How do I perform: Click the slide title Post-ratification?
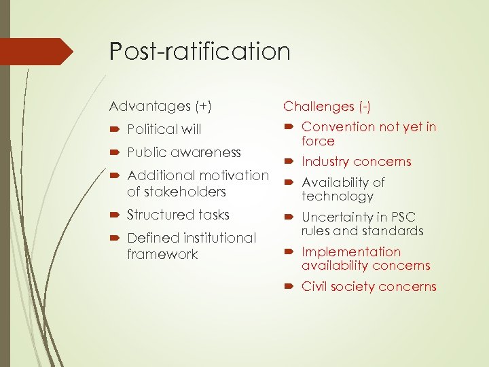pos(200,52)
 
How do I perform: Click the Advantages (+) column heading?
pos(160,106)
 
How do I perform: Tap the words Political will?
pos(164,129)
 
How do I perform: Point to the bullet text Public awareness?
pos(183,152)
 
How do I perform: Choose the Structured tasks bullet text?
pos(179,215)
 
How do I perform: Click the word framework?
pos(162,254)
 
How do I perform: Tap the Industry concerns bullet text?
pos(356,162)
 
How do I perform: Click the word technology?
pos(338,196)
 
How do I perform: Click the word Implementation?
pos(351,251)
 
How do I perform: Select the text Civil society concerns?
pos(369,286)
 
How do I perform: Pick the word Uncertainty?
pos(338,217)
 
